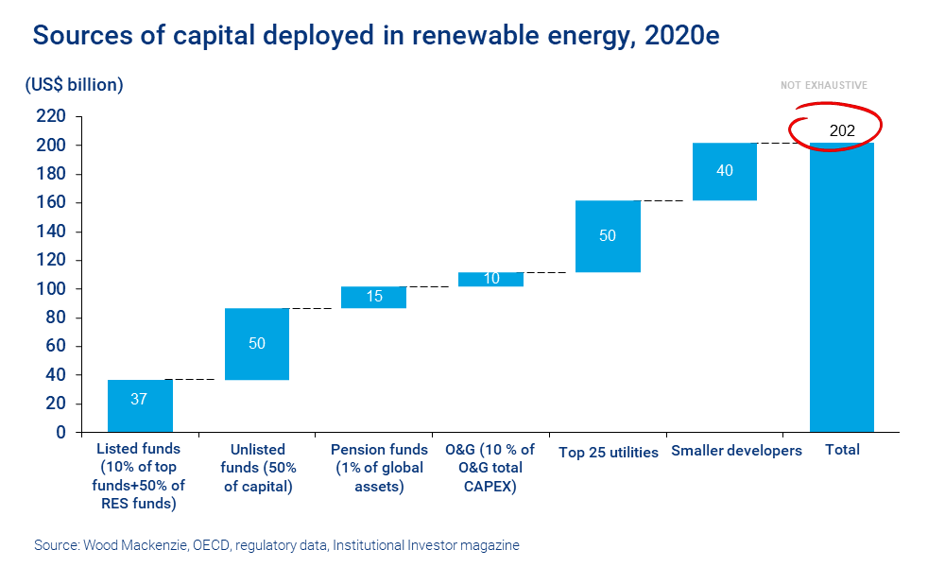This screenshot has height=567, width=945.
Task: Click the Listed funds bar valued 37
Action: pyautogui.click(x=140, y=405)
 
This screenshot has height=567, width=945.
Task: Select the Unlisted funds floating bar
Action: pyautogui.click(x=257, y=344)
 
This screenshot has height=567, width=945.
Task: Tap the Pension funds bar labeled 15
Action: pyautogui.click(x=374, y=297)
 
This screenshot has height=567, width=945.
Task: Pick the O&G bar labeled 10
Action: pyautogui.click(x=490, y=279)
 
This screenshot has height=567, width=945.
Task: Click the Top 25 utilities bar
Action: pyautogui.click(x=608, y=236)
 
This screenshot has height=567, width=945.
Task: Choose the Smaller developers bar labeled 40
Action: pyautogui.click(x=725, y=172)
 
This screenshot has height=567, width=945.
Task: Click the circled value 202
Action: pyautogui.click(x=841, y=131)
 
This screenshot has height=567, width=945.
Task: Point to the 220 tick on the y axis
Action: pyautogui.click(x=51, y=117)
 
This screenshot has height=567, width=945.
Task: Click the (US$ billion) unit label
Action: pyautogui.click(x=74, y=85)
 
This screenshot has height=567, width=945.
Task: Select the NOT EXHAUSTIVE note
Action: pyautogui.click(x=823, y=86)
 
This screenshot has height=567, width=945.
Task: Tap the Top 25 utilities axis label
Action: pyautogui.click(x=608, y=452)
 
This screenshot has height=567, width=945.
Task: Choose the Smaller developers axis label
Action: pyautogui.click(x=736, y=451)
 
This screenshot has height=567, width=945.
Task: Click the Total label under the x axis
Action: pyautogui.click(x=842, y=450)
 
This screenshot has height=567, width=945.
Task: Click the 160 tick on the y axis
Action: pyautogui.click(x=51, y=203)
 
